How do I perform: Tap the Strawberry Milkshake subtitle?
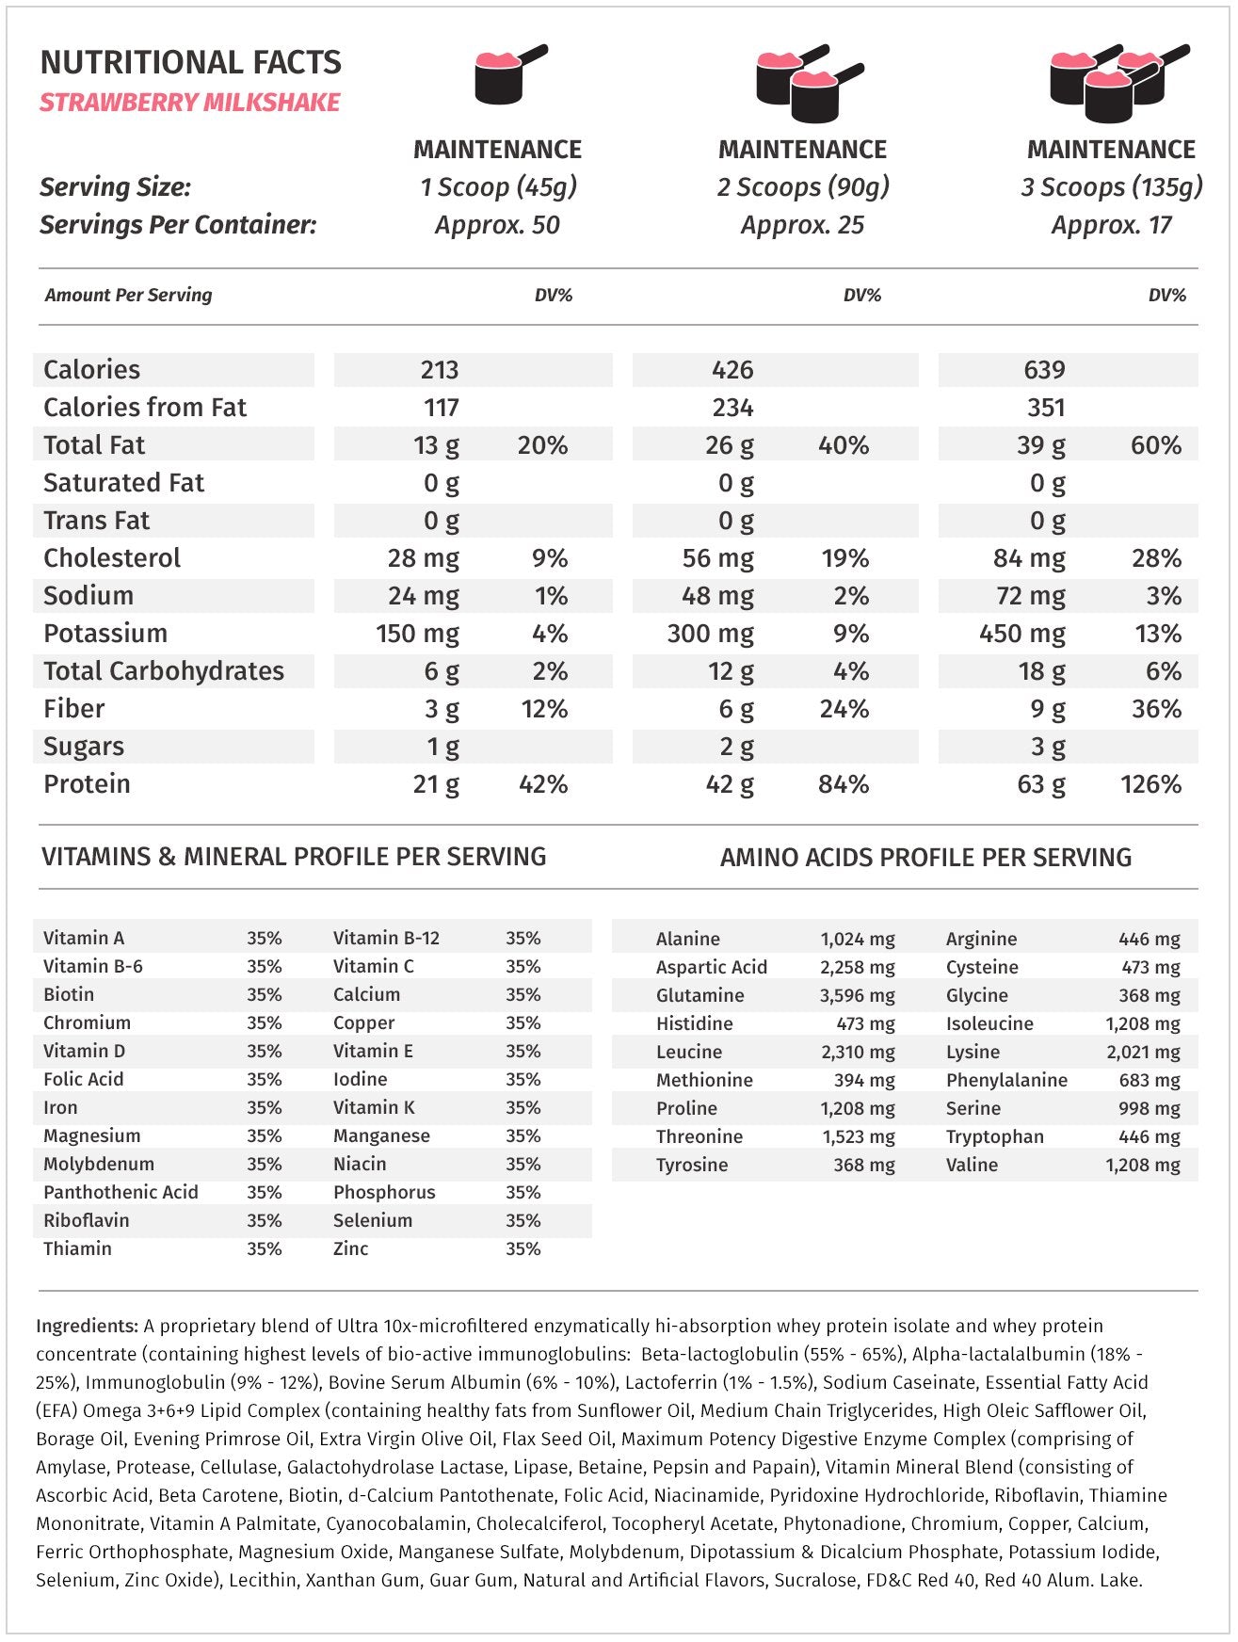tap(189, 103)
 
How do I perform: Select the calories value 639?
tap(1044, 370)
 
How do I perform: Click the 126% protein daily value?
tap(1150, 784)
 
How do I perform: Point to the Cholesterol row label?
tap(112, 558)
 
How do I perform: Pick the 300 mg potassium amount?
tap(710, 634)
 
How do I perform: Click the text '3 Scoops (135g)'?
tap(1111, 187)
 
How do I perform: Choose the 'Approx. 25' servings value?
tap(802, 225)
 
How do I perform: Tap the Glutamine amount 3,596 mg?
tap(857, 995)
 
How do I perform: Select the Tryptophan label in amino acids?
tap(994, 1136)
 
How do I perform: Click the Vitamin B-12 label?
tap(386, 938)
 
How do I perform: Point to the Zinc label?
tap(350, 1248)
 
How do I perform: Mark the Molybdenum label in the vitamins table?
tap(99, 1164)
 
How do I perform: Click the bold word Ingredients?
tap(88, 1326)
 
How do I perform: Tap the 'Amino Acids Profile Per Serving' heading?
tap(925, 858)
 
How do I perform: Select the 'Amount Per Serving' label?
tap(128, 295)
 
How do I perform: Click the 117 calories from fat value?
tap(441, 408)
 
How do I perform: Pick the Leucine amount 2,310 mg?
tap(857, 1052)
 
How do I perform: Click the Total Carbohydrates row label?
tap(164, 671)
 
